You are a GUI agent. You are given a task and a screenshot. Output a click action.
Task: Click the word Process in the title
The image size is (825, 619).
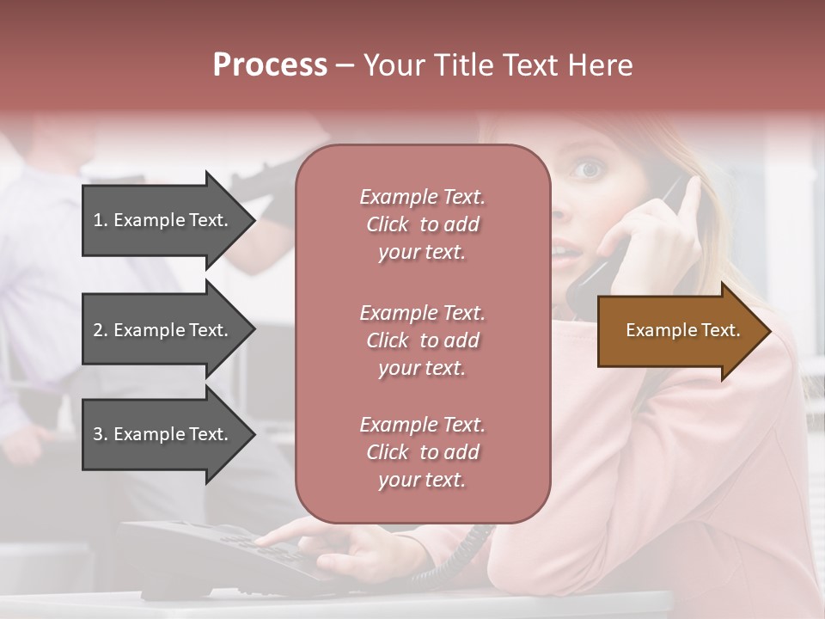(x=270, y=65)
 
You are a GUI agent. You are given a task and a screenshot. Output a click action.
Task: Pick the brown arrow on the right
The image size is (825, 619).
(x=679, y=331)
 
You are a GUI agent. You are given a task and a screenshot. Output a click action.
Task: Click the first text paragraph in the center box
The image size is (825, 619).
(x=422, y=224)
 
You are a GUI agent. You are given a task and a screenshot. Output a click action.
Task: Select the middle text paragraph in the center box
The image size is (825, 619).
(x=422, y=340)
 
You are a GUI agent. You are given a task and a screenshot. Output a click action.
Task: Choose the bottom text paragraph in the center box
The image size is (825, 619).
(x=422, y=452)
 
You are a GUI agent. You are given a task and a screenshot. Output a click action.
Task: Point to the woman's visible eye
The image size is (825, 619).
(x=588, y=169)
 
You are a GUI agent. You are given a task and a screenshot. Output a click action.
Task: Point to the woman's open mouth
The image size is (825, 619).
(x=563, y=252)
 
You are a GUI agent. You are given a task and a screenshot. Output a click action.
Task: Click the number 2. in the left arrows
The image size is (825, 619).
(x=101, y=330)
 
